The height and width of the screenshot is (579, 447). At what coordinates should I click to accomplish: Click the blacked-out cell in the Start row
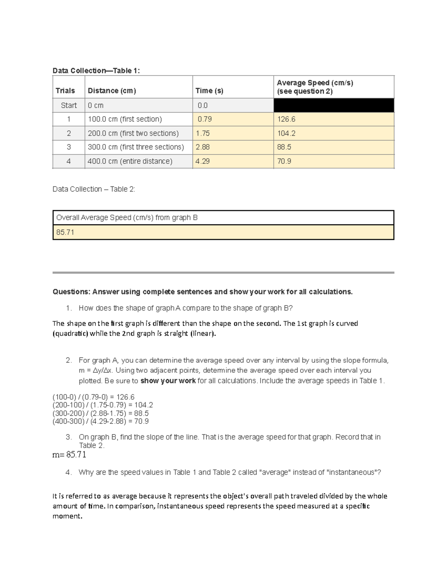click(x=333, y=106)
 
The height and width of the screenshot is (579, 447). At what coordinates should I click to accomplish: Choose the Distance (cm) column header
click(x=112, y=91)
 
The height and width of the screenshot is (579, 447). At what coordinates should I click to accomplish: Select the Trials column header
click(x=65, y=91)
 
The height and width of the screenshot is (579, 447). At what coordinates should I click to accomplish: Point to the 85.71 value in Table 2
click(x=65, y=232)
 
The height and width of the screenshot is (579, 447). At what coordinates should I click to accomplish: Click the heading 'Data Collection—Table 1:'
click(x=96, y=71)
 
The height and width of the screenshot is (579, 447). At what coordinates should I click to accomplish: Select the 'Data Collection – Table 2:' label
click(x=94, y=189)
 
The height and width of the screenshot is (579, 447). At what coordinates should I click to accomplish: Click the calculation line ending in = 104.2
click(x=103, y=405)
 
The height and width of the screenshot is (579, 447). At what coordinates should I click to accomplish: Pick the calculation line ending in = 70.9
click(x=101, y=421)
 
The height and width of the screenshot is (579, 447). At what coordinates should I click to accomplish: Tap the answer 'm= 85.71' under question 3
click(x=69, y=454)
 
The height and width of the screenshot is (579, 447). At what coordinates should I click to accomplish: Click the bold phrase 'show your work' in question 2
click(x=168, y=381)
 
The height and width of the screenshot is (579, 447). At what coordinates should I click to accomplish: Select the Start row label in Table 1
click(x=69, y=106)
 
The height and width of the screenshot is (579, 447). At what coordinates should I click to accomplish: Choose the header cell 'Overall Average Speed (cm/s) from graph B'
click(x=127, y=218)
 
